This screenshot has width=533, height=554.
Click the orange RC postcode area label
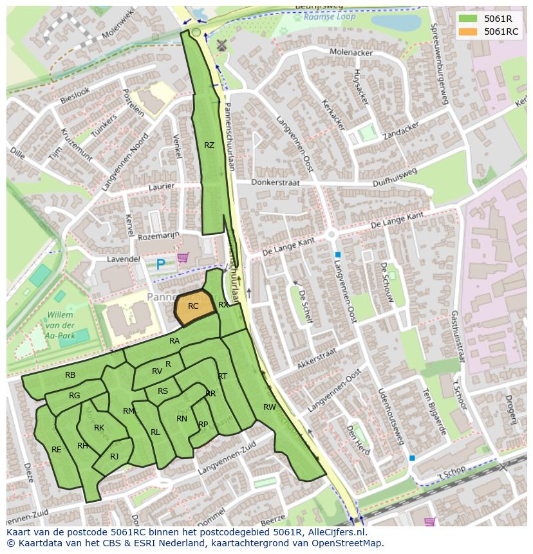193,307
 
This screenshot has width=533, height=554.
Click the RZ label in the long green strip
209,145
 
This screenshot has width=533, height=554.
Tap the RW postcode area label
269,407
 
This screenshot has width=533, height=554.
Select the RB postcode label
70,375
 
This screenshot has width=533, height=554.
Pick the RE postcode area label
56,450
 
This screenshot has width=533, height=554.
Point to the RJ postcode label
114,457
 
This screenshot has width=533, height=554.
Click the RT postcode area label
222,376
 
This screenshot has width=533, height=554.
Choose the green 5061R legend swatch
468,19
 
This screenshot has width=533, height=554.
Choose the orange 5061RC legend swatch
468,32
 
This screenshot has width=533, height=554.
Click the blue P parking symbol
160,263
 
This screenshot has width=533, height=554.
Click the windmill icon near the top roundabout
222,45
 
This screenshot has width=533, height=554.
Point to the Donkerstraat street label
276,183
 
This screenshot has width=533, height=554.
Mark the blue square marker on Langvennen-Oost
337,255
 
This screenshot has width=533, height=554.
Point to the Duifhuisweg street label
395,178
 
